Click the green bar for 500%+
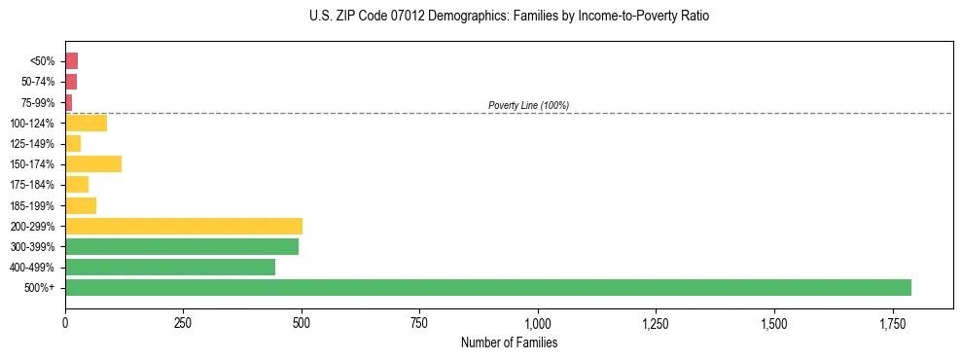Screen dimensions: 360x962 click(487, 287)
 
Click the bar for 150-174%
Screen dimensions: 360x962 click(93, 163)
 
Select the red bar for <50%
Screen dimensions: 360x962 click(71, 60)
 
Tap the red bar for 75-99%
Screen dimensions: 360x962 click(68, 102)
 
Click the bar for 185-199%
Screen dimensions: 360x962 click(81, 205)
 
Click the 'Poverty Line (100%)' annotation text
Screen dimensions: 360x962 click(528, 105)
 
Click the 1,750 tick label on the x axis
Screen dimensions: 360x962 click(774, 322)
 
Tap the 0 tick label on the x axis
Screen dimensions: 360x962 click(65, 322)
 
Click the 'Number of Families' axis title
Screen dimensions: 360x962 click(509, 342)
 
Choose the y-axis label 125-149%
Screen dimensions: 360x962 click(32, 143)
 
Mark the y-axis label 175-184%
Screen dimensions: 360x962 click(32, 185)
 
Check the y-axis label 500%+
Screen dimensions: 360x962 click(40, 288)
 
